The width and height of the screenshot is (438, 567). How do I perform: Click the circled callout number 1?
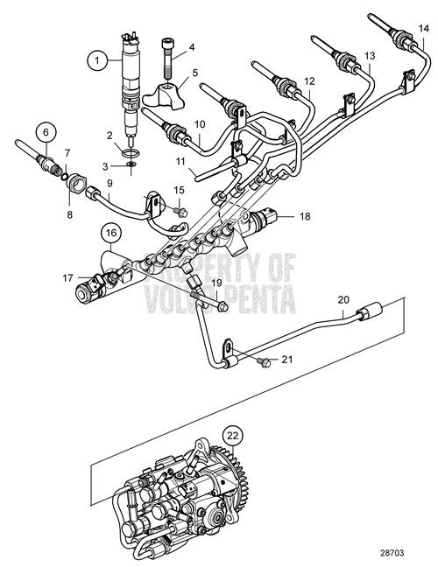[95, 60]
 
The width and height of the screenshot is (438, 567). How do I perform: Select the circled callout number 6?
[48, 135]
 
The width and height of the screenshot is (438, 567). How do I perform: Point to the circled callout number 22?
[231, 433]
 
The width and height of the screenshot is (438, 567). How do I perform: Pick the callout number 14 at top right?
[422, 29]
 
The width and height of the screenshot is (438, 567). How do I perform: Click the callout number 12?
[308, 80]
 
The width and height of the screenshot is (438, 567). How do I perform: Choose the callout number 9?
[110, 184]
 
